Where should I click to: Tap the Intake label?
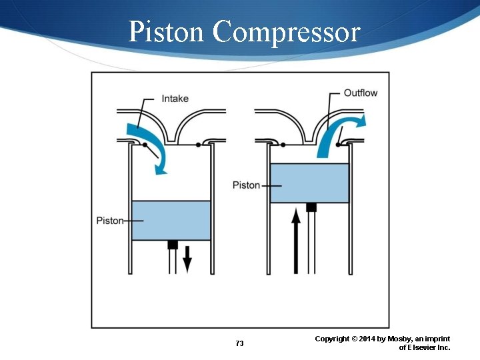[175, 99]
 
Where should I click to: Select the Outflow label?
[361, 93]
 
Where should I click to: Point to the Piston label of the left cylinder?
[110, 221]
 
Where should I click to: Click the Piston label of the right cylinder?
[246, 185]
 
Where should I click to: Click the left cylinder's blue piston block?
[171, 221]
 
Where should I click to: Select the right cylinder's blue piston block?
[309, 183]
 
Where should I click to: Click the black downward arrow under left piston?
[187, 259]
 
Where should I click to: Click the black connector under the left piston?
[172, 245]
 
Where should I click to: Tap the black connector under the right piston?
[311, 207]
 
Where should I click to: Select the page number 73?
[240, 343]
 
